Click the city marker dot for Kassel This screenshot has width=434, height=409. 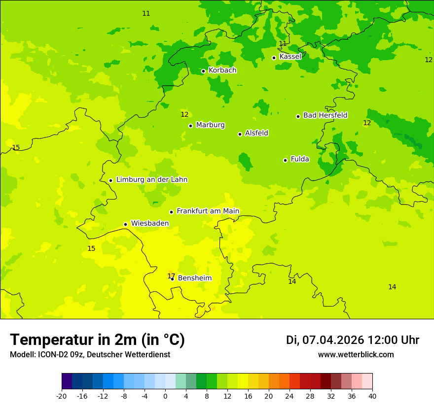(274, 58)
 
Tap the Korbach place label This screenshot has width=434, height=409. (222, 70)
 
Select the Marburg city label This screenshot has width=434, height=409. (210, 125)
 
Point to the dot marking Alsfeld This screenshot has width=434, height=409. (240, 134)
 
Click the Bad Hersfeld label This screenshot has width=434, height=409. (325, 115)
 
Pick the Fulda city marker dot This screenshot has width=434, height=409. (285, 160)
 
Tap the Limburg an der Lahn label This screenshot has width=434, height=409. (151, 180)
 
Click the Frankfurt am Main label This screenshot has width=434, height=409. (208, 211)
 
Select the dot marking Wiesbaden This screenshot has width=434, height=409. (125, 224)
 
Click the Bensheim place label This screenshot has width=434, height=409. (194, 278)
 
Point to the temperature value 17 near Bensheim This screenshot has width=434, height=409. (171, 275)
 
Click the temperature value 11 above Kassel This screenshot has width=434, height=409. (283, 44)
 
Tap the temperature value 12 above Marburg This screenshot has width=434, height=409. (184, 115)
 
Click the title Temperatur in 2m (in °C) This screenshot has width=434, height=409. (97, 340)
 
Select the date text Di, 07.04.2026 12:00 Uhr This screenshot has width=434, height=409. (353, 340)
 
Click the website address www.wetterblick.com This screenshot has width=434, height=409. (356, 355)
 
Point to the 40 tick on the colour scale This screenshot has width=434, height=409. (372, 396)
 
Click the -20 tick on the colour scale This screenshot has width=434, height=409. (62, 396)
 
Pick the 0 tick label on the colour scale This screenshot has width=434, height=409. (165, 396)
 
